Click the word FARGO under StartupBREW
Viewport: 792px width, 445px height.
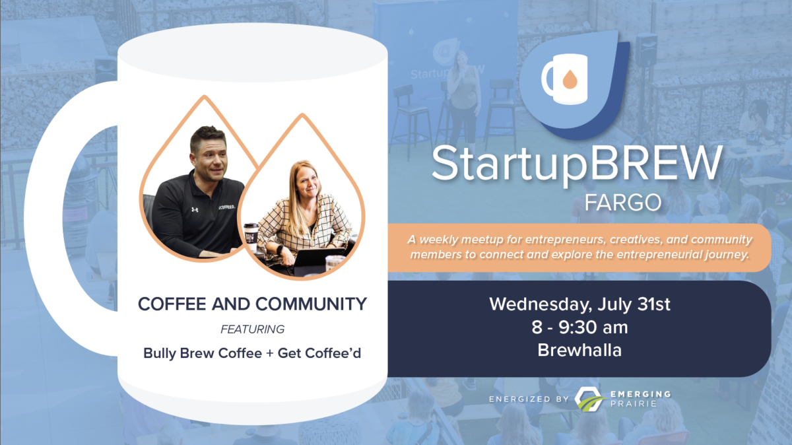pos(622,202)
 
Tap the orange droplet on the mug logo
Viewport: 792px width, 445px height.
pos(570,80)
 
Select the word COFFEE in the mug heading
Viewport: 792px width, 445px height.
pos(172,304)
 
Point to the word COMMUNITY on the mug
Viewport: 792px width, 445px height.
pos(311,304)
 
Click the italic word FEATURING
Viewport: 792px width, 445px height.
pos(252,329)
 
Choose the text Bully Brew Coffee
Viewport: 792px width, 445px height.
pos(203,353)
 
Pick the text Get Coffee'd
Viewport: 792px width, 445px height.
pos(319,353)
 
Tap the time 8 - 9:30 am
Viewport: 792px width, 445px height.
pos(580,327)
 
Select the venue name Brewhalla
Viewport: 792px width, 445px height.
pos(579,350)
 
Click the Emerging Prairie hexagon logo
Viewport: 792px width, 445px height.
pos(588,399)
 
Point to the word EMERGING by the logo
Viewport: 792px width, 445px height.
pos(641,394)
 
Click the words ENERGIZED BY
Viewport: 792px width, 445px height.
pos(529,399)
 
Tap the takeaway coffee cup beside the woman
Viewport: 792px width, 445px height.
pos(251,236)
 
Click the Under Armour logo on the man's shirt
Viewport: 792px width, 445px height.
pos(195,209)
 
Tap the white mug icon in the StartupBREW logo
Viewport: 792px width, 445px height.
pos(565,79)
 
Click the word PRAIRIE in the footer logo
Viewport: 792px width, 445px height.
pos(633,403)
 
